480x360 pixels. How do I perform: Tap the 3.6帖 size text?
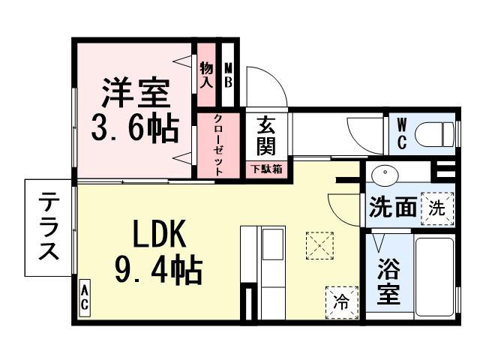point(135,129)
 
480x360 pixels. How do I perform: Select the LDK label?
point(158,235)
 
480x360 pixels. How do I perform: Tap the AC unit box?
point(85,298)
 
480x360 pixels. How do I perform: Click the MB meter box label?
point(229,74)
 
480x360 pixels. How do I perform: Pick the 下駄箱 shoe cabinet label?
point(266,169)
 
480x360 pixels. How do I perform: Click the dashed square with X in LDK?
point(319,244)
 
